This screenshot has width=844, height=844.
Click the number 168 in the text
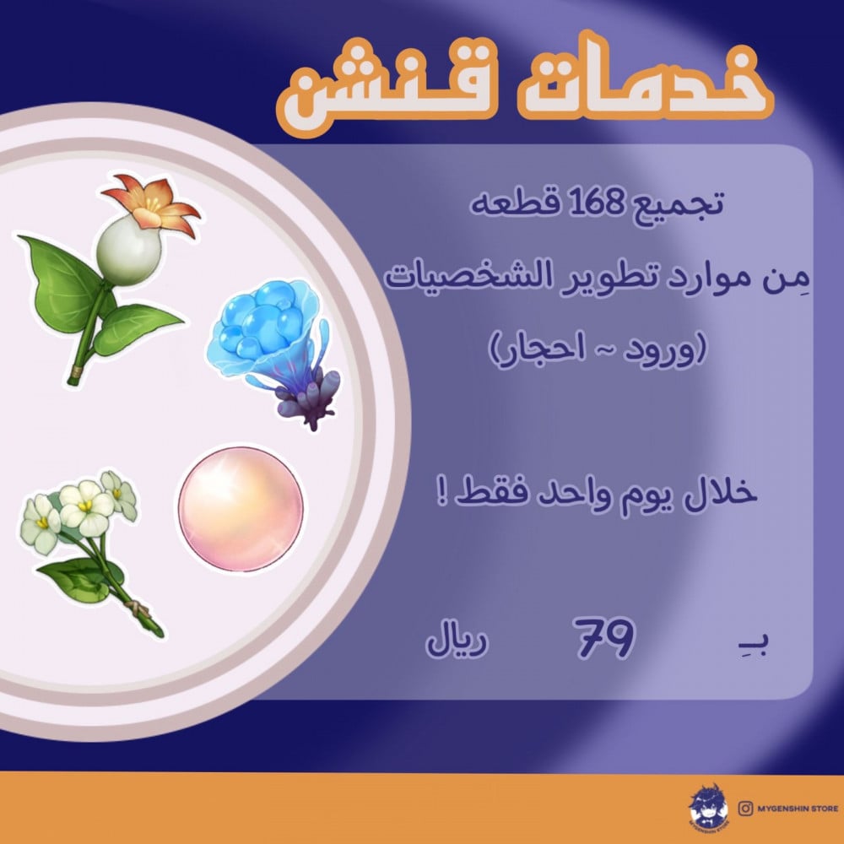pos(594,202)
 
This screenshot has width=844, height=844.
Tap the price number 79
pos(604,638)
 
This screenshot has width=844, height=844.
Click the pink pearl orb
pos(241,509)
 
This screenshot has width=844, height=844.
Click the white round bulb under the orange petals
pos(128,251)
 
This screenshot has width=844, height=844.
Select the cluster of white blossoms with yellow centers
pos(78,511)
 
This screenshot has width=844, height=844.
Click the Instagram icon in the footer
pos(745,808)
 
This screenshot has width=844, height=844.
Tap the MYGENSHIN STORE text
pos(798,808)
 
